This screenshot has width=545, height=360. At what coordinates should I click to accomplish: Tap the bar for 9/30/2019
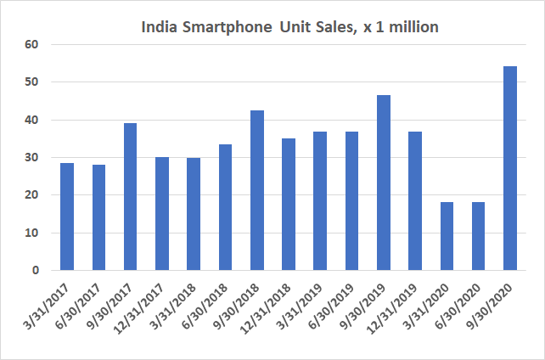pyautogui.click(x=383, y=183)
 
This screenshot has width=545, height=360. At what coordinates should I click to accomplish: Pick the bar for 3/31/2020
pyautogui.click(x=447, y=236)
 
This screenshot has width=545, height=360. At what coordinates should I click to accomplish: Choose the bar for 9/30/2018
pyautogui.click(x=256, y=190)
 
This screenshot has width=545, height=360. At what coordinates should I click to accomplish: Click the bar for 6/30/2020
pyautogui.click(x=478, y=236)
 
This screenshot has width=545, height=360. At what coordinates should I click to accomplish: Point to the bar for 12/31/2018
pyautogui.click(x=288, y=205)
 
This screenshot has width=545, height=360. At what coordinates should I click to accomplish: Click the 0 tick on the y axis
pyautogui.click(x=36, y=271)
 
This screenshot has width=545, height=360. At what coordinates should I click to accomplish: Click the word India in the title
pyautogui.click(x=158, y=27)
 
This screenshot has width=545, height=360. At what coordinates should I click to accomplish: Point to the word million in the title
pyautogui.click(x=411, y=27)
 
